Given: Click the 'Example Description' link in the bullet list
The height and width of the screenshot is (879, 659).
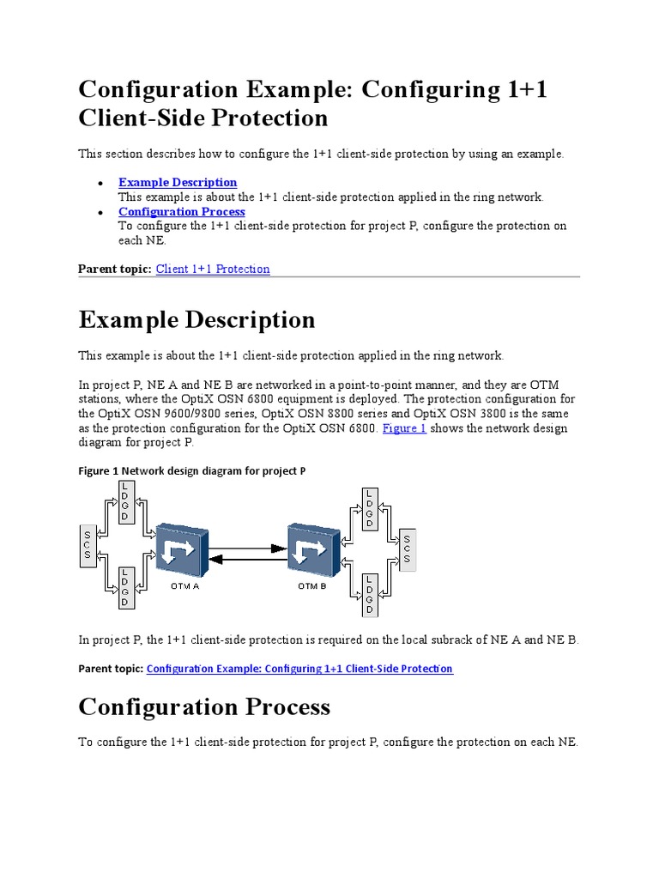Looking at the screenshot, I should coord(178,182).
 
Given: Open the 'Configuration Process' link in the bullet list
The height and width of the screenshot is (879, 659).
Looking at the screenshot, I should coord(181,211).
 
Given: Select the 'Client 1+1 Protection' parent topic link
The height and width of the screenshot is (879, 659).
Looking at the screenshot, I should coord(213,269).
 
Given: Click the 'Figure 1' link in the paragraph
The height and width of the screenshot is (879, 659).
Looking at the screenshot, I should coord(404,427).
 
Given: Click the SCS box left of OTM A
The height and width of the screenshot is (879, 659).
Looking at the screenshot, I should coord(87,544).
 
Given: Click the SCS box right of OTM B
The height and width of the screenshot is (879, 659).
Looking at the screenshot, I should coord(407,546).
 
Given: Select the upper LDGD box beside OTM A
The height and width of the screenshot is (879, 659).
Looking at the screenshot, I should coord(124,501).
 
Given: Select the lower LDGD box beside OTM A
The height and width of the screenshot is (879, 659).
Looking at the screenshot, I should coord(124,587).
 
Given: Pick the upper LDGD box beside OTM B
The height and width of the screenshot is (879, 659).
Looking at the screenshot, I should coord(370,508).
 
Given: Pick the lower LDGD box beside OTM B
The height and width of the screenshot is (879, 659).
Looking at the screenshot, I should coord(370,594).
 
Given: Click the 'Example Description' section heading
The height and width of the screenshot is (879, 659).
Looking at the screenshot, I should coord(196,319).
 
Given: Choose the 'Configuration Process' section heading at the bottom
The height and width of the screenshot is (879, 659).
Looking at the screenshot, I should coord(204,706).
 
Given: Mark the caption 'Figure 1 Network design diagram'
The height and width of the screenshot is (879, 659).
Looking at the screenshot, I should coord(191,470).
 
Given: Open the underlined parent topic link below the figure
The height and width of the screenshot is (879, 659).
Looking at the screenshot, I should coord(299,668).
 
